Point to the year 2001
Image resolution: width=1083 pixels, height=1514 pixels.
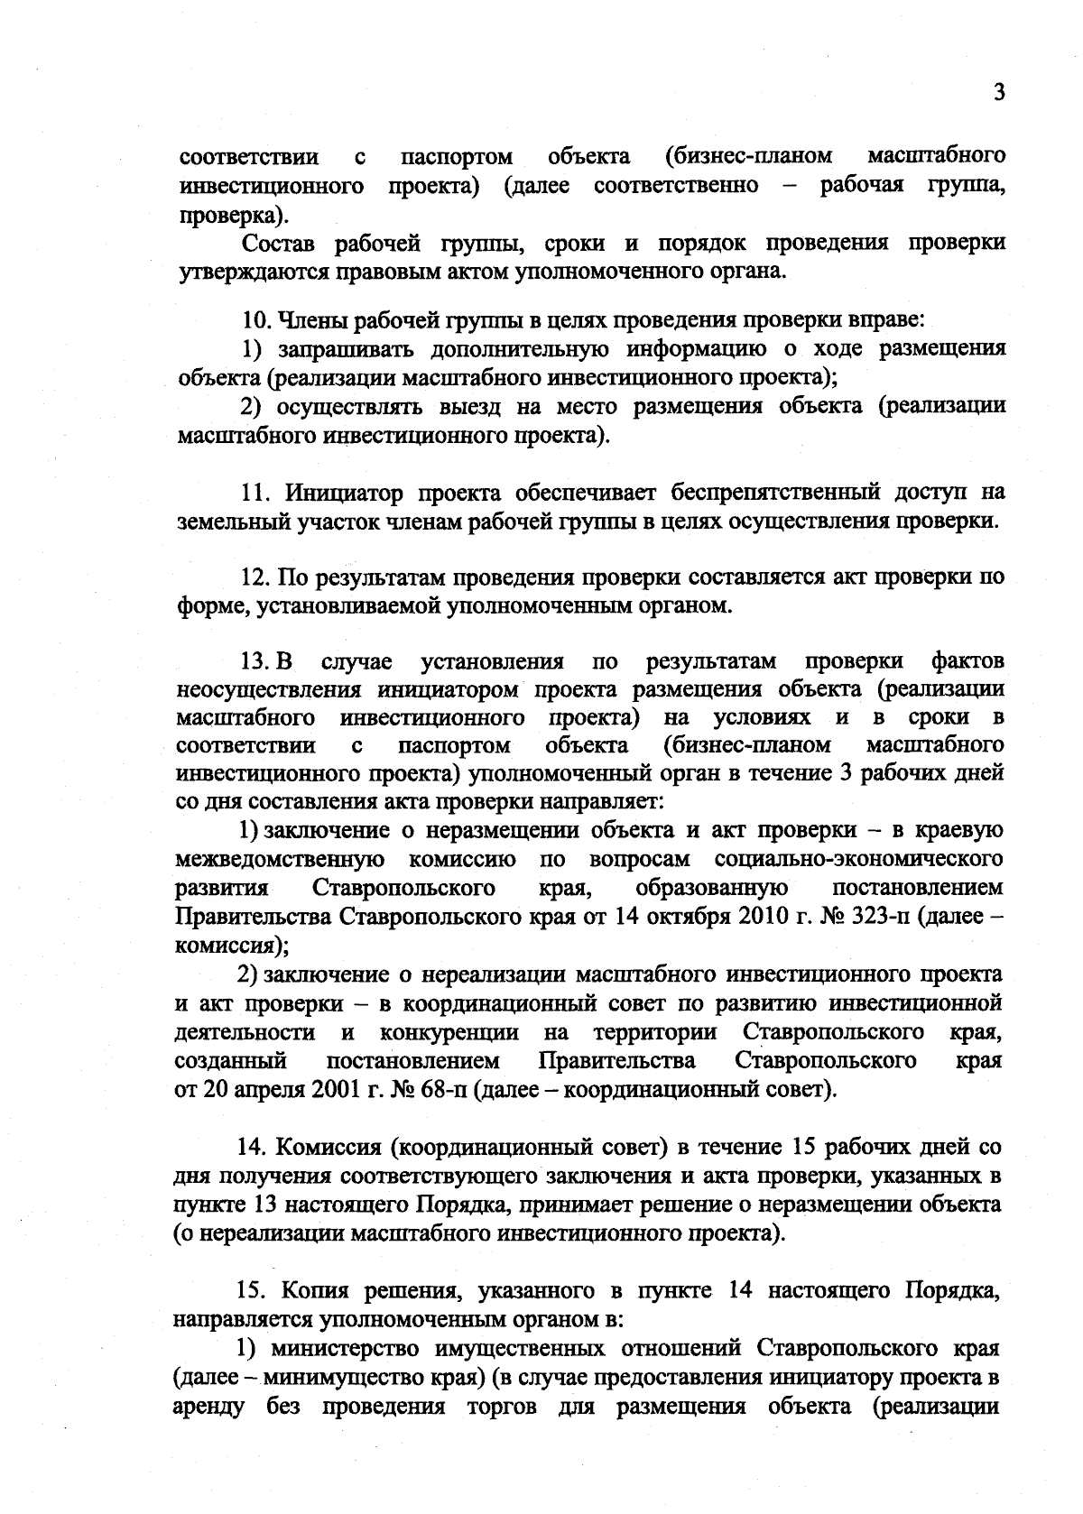click(x=337, y=1089)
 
